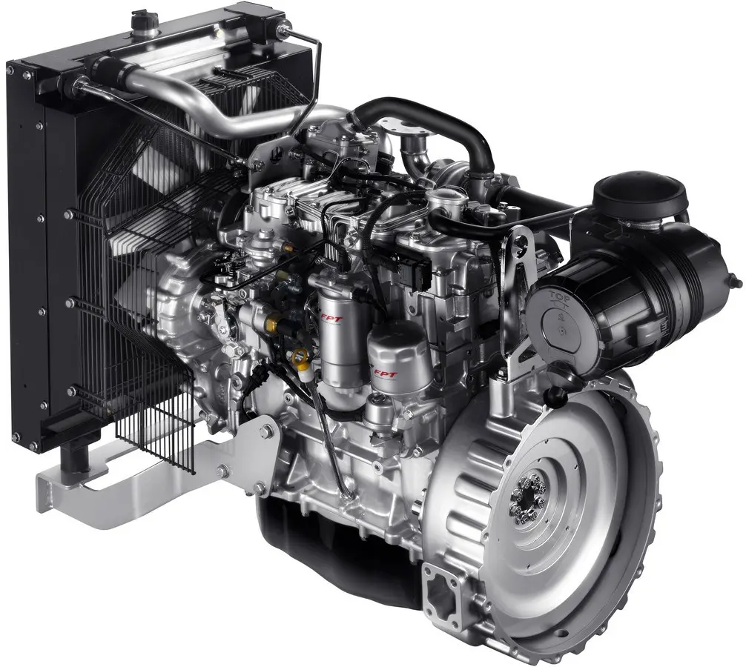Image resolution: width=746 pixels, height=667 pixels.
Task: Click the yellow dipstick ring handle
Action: tap(301, 358)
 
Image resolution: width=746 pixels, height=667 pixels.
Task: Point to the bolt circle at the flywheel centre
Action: tap(529, 495)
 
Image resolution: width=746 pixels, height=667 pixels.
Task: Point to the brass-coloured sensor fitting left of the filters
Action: tap(272, 324)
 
